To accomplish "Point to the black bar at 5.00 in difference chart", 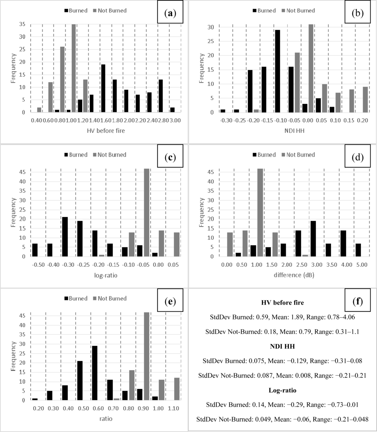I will tap(359, 250).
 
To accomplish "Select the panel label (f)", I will tap(356, 302).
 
